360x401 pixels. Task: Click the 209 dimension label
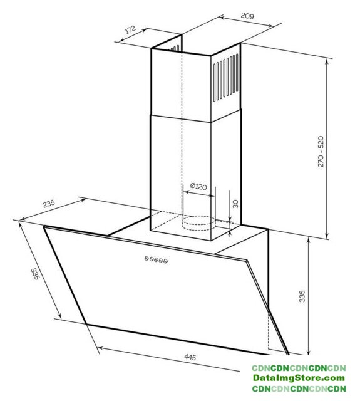(247, 16)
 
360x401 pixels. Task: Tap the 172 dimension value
(130, 29)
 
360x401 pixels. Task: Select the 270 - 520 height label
(321, 152)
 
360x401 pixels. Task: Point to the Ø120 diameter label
(198, 186)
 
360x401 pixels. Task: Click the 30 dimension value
(235, 204)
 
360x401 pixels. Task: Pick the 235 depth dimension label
(49, 203)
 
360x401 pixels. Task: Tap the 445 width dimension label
(190, 357)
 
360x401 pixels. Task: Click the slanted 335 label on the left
(35, 274)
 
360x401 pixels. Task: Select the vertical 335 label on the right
(302, 296)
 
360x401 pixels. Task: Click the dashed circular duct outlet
(198, 223)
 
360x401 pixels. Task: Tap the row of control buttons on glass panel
(156, 260)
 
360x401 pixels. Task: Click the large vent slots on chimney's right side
(226, 77)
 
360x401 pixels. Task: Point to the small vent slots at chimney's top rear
(174, 48)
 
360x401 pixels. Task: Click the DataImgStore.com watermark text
(299, 378)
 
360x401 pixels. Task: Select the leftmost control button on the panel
(147, 259)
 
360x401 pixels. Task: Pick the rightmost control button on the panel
(165, 261)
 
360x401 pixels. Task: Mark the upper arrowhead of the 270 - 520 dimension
(327, 62)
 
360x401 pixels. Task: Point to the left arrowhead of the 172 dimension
(122, 39)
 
